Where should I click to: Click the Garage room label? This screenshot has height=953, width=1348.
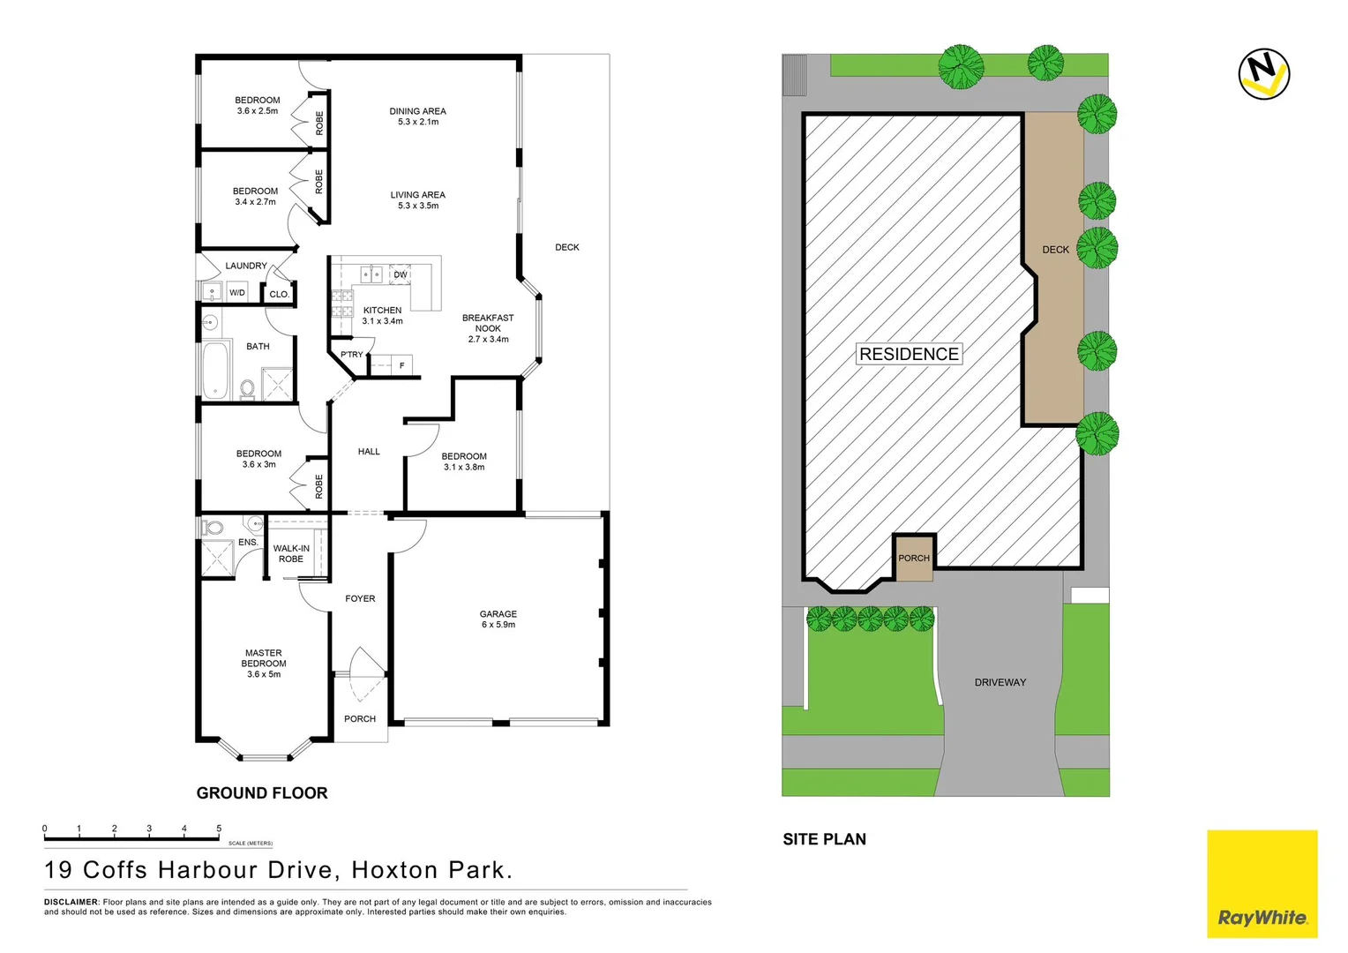[x=498, y=619]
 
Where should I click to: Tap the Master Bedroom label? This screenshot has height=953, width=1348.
[x=264, y=664]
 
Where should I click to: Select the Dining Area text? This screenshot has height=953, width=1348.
[x=417, y=116]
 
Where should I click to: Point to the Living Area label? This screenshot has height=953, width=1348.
[x=417, y=200]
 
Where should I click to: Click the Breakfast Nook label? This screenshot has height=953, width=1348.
[x=488, y=328]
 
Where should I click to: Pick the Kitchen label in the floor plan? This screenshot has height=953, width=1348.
[x=382, y=315]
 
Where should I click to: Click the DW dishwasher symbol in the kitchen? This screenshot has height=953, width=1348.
[x=401, y=274]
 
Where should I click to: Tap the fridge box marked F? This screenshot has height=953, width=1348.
[x=402, y=365]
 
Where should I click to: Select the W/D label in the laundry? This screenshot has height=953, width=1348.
[x=237, y=292]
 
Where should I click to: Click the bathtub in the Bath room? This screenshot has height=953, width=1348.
[x=215, y=371]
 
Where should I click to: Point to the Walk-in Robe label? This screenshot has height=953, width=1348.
[x=291, y=553]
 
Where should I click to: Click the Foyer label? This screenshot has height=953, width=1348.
[x=360, y=598]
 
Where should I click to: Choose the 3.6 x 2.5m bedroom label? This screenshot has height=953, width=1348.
[x=258, y=105]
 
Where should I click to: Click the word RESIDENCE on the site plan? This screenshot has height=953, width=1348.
[x=909, y=354]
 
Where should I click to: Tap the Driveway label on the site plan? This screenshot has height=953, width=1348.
[x=1000, y=682]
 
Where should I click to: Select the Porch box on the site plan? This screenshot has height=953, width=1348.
[x=914, y=558]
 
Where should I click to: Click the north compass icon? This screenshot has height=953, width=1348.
[x=1263, y=74]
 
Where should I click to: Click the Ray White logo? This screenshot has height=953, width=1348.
[x=1262, y=883]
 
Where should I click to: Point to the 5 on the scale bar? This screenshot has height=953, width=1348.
[x=219, y=829]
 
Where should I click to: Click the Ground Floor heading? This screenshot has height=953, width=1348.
[x=262, y=793]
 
